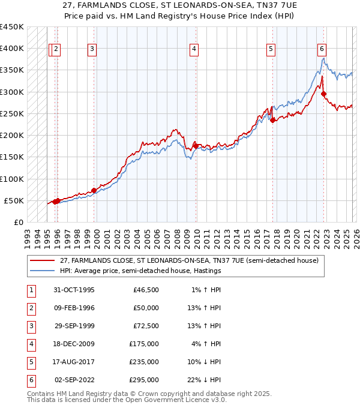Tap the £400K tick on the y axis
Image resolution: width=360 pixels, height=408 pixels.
pyautogui.click(x=12, y=49)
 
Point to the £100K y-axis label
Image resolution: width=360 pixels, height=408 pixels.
pyautogui.click(x=12, y=179)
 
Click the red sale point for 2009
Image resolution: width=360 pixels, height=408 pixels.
pyautogui.click(x=196, y=146)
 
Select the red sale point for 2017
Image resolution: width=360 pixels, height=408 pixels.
pyautogui.click(x=272, y=120)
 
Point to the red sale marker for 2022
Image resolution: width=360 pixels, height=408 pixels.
pyautogui.click(x=323, y=94)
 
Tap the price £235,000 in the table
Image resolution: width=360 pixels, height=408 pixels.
pyautogui.click(x=145, y=362)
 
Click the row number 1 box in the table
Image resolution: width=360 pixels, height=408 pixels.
pyautogui.click(x=31, y=290)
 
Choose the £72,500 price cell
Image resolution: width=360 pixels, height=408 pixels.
pyautogui.click(x=145, y=326)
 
